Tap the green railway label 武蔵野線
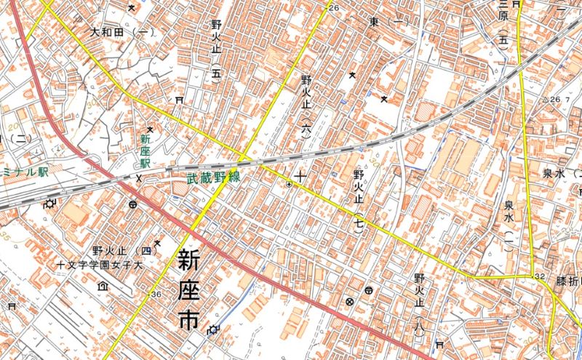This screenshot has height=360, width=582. click(212, 177)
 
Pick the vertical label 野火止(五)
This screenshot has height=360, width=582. click(215, 50)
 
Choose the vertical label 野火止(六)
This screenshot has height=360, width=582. click(306, 105)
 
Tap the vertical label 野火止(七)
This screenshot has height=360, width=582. click(358, 200)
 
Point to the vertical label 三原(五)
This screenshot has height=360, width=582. click(502, 24)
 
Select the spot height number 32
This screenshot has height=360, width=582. click(539, 277)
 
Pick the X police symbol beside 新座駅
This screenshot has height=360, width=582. click(138, 177)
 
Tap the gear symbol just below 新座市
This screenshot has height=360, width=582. click(212, 330)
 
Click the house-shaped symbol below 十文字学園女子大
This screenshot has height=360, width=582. click(103, 287)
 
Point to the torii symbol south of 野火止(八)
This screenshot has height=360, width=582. click(438, 344)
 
